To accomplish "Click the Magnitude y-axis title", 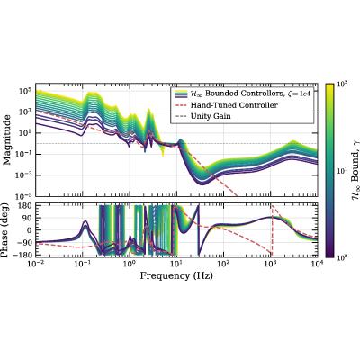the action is [x=7, y=139].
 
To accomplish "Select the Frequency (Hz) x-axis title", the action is [x=176, y=275].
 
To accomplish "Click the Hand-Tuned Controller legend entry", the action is [x=234, y=105].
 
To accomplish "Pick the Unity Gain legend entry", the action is [x=211, y=116].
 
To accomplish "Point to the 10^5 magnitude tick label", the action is [x=25, y=90].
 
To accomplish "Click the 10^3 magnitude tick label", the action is [x=25, y=112].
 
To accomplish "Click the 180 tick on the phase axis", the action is [x=25, y=206].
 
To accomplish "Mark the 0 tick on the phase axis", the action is [x=30, y=230].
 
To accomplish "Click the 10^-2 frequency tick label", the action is [x=35, y=264].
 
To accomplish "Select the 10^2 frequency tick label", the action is [x=223, y=264].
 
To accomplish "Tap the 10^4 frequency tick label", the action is [x=317, y=264].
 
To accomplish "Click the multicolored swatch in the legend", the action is [x=181, y=94].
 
